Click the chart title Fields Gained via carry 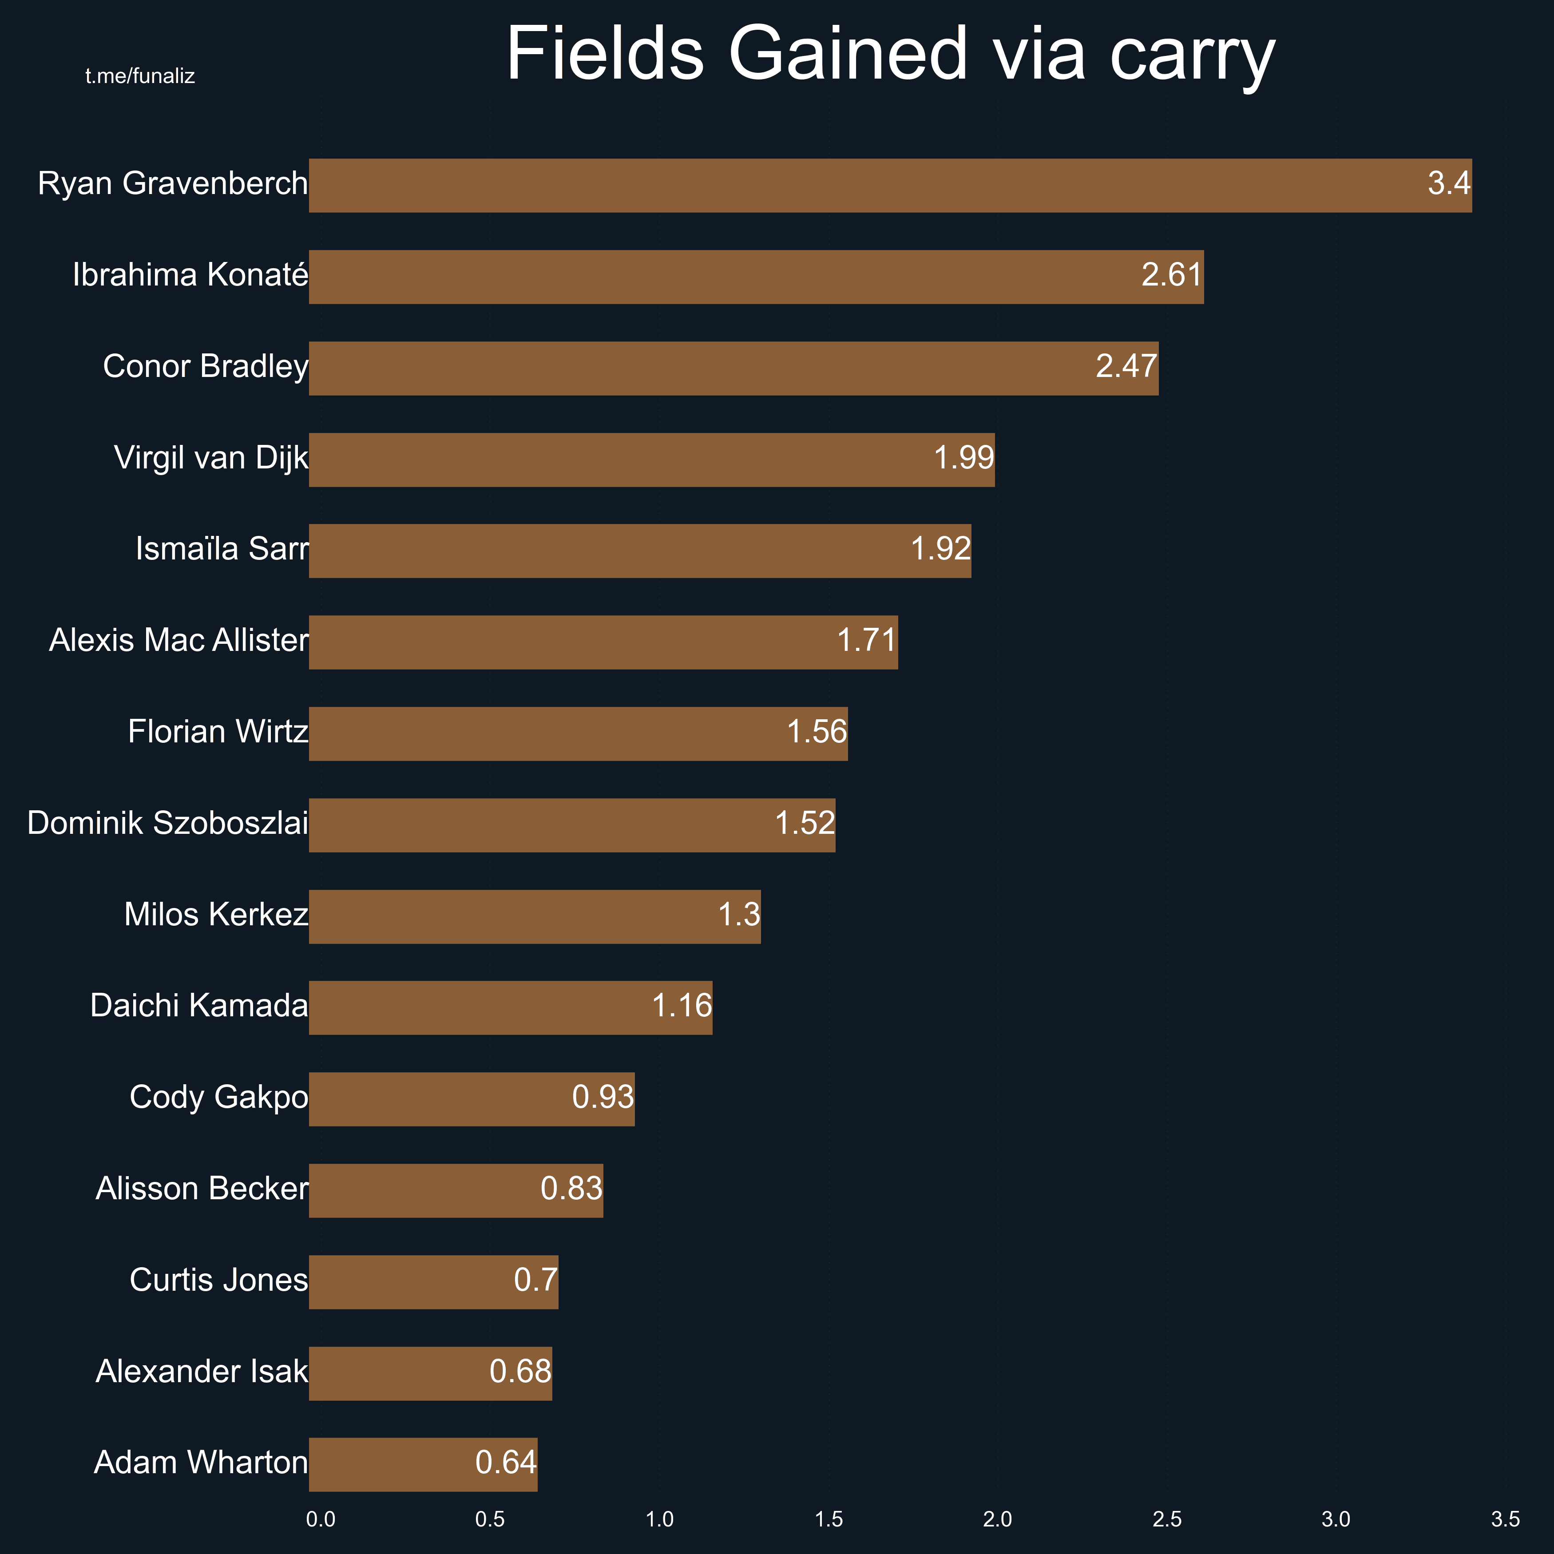pyautogui.click(x=890, y=55)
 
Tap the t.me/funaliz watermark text pyautogui.click(x=140, y=76)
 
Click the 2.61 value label pyautogui.click(x=1171, y=275)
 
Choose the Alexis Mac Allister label pyautogui.click(x=178, y=640)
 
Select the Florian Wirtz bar pyautogui.click(x=578, y=733)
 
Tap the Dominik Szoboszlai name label pyautogui.click(x=167, y=824)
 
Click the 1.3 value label pyautogui.click(x=738, y=915)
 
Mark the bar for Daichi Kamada pyautogui.click(x=510, y=1008)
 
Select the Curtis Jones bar pyautogui.click(x=433, y=1282)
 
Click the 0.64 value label pyautogui.click(x=505, y=1462)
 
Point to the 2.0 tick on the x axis pyautogui.click(x=997, y=1519)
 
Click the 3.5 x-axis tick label pyautogui.click(x=1505, y=1519)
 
